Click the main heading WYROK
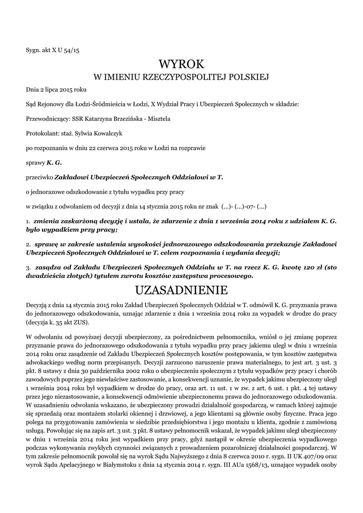(x=181, y=64)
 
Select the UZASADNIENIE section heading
(x=181, y=290)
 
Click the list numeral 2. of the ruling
(x=28, y=244)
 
